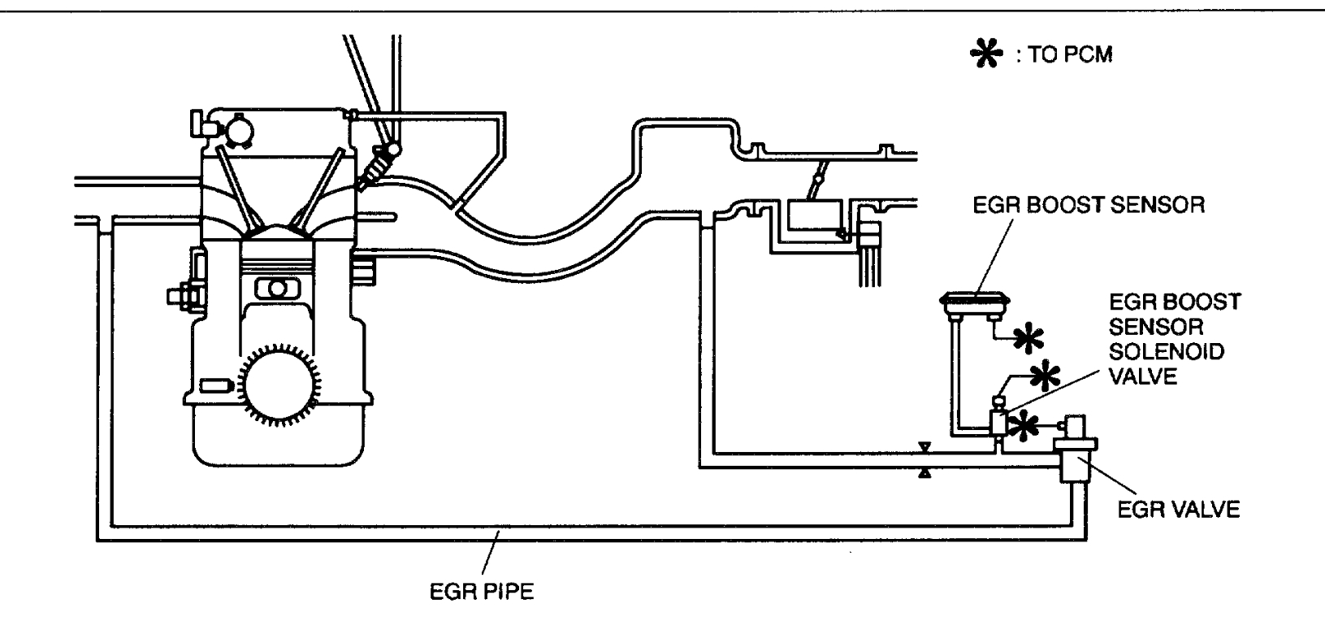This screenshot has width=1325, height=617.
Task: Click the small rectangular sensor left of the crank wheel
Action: pyautogui.click(x=214, y=385)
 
